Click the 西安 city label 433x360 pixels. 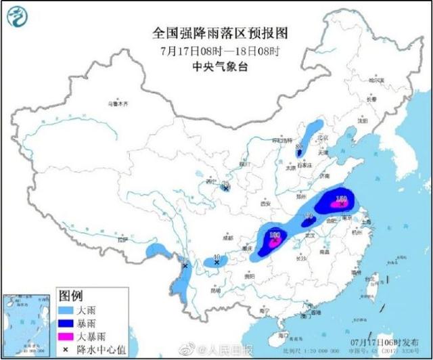point(265,203)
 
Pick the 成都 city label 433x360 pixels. point(227,238)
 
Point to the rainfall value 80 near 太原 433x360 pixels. point(298,145)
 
